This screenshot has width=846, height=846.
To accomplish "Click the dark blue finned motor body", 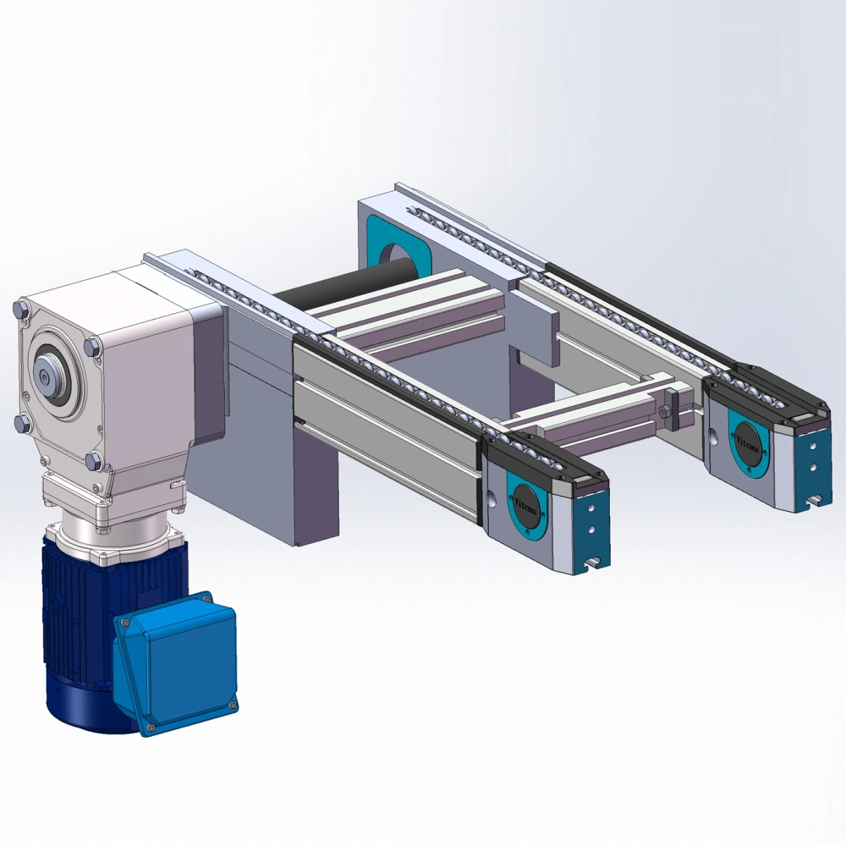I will [x=76, y=626].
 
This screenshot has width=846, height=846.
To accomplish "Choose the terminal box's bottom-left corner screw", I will [x=151, y=726].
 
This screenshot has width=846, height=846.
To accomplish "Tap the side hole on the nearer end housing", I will [x=489, y=496].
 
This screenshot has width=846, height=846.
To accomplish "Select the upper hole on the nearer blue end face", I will [x=590, y=508].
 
